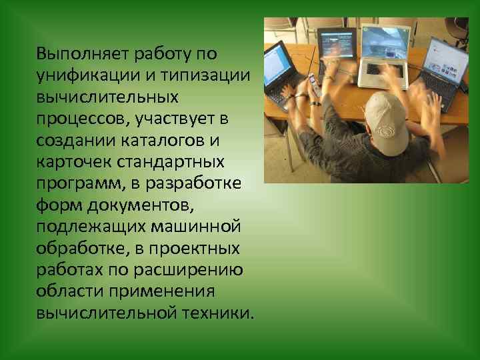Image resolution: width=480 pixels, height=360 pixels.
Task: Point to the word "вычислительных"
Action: (x=108, y=97)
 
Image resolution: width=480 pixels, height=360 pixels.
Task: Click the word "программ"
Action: (x=79, y=185)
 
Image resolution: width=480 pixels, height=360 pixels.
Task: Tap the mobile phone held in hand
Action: (x=313, y=85)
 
